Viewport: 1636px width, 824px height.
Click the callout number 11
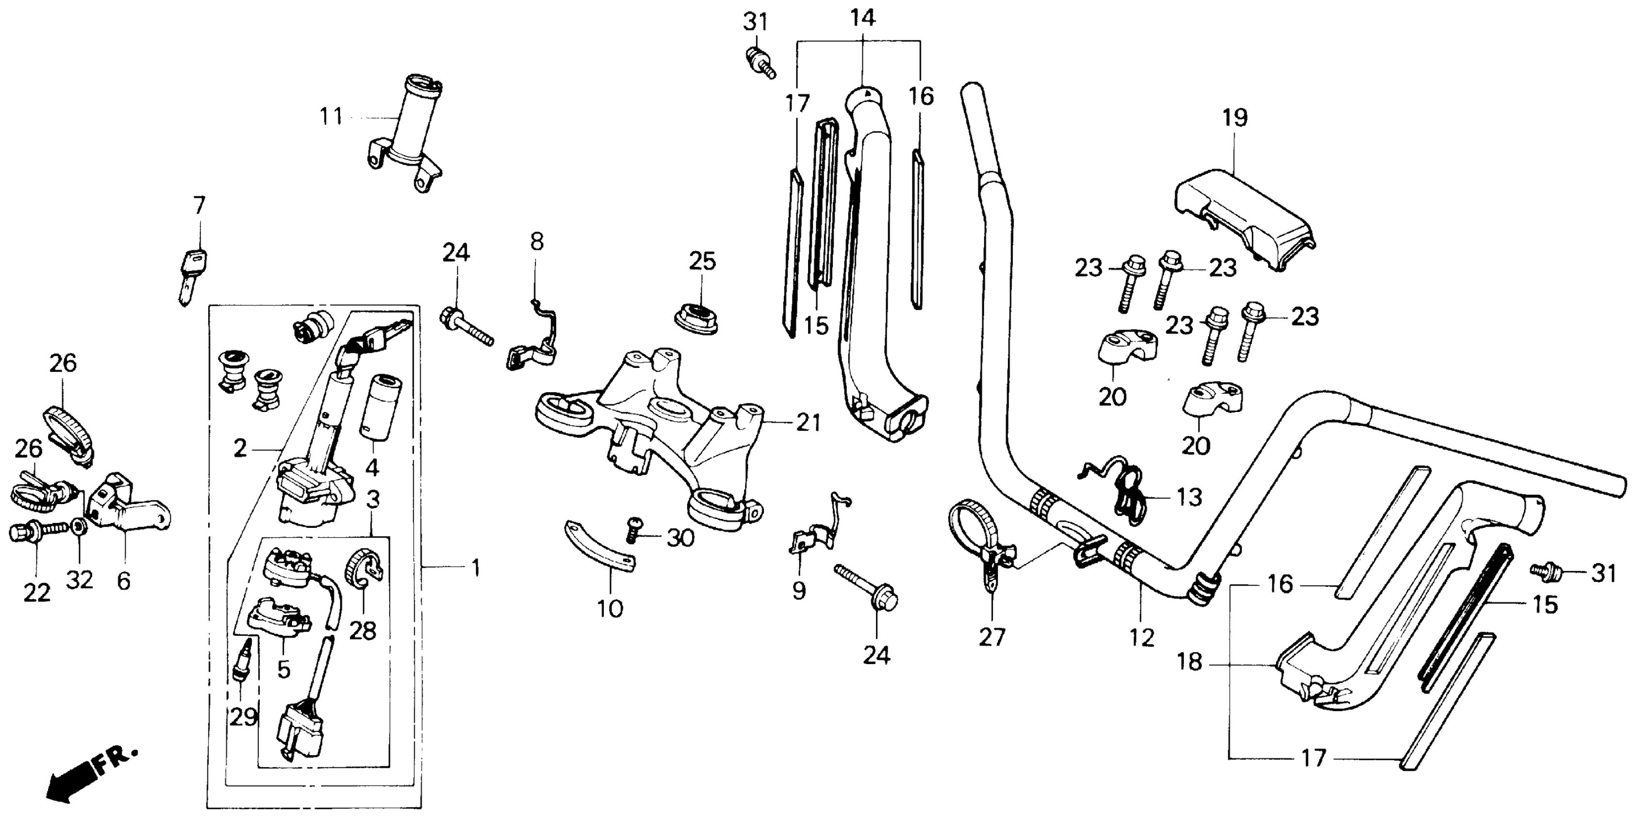(x=330, y=117)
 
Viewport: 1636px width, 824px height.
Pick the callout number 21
(x=809, y=423)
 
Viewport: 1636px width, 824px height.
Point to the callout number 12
(x=1142, y=637)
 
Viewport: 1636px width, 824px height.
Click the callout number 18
(x=1189, y=662)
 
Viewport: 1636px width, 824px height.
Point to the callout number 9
(x=799, y=591)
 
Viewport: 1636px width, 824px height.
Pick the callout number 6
(x=123, y=580)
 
